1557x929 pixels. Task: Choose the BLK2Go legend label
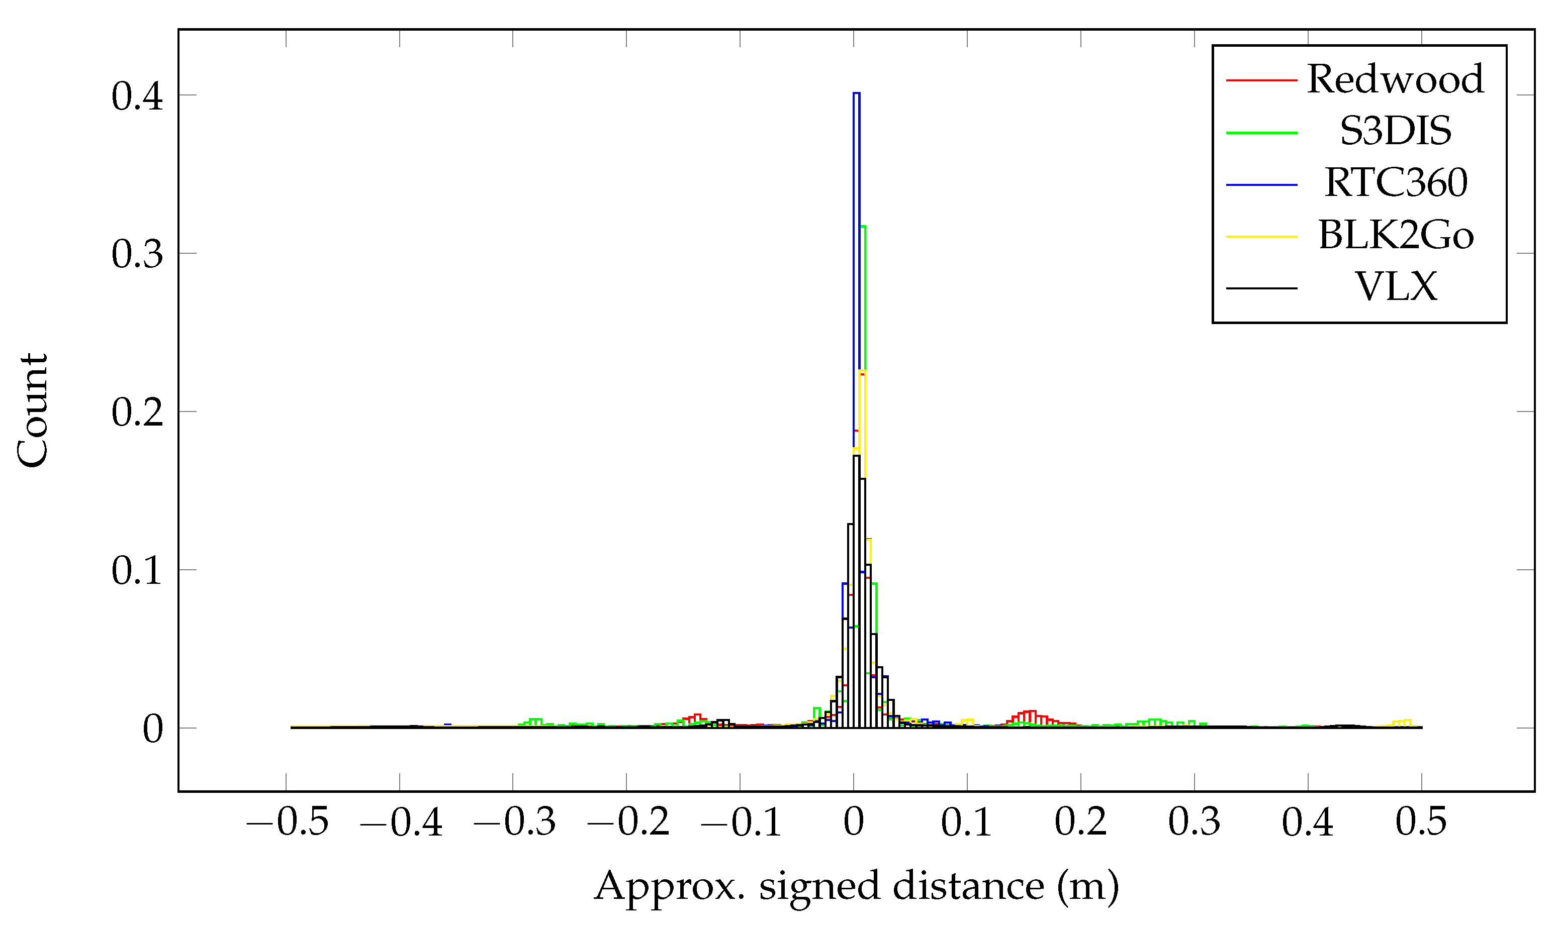point(1396,235)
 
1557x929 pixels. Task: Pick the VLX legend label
point(1396,287)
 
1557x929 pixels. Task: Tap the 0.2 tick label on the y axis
point(137,412)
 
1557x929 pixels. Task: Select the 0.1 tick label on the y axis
point(137,571)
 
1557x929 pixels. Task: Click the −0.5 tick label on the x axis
point(288,822)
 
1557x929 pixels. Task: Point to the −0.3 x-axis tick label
point(514,822)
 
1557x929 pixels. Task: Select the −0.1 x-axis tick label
point(741,822)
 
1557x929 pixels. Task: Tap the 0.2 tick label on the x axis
point(1080,822)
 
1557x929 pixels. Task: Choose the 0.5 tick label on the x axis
point(1421,822)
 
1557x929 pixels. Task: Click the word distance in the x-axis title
point(968,886)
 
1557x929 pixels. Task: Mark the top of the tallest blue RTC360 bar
point(856,93)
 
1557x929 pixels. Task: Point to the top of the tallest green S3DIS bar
point(863,227)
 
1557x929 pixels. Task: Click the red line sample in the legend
point(1261,80)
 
